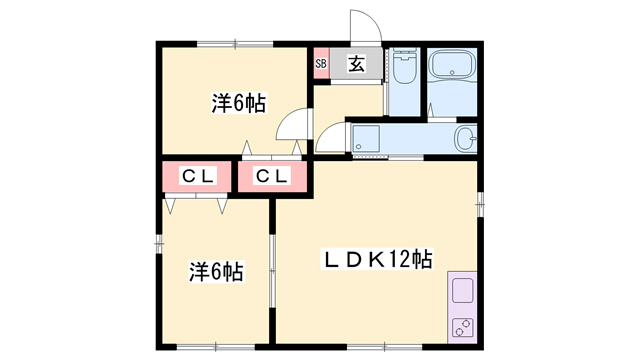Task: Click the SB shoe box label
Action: pyautogui.click(x=321, y=64)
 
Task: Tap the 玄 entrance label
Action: pyautogui.click(x=356, y=64)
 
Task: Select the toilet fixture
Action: pyautogui.click(x=404, y=66)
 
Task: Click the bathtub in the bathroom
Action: pyautogui.click(x=452, y=64)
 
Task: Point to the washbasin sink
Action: pyautogui.click(x=465, y=138)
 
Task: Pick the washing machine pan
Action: pyautogui.click(x=366, y=138)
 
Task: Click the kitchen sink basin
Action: pyautogui.click(x=463, y=291)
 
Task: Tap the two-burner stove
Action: pyautogui.click(x=463, y=327)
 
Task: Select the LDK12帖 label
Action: pyautogui.click(x=378, y=259)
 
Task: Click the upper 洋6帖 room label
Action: pyautogui.click(x=239, y=103)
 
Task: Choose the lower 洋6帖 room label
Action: pyautogui.click(x=216, y=271)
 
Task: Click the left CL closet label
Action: pyautogui.click(x=198, y=176)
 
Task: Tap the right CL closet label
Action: pyautogui.click(x=271, y=176)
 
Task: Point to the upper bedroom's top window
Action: pyautogui.click(x=235, y=43)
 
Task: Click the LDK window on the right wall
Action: pyautogui.click(x=480, y=204)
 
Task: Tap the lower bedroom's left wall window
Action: pyautogui.click(x=159, y=244)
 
